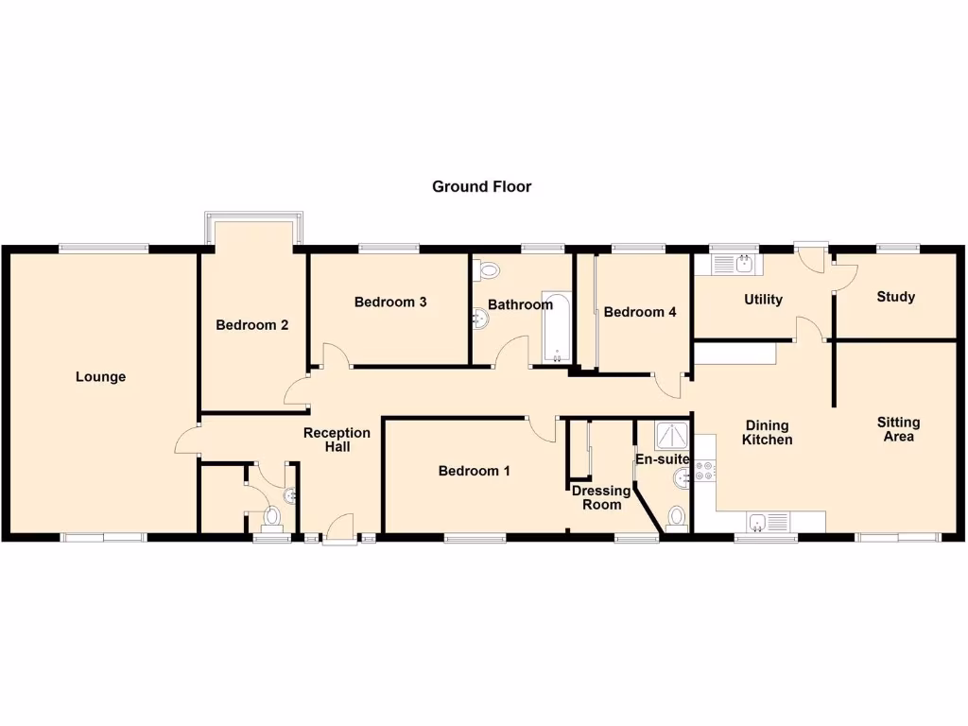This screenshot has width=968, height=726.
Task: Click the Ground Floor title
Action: click(x=481, y=186)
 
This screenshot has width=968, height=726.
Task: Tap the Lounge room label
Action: click(x=101, y=377)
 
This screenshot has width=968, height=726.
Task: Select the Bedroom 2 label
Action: click(x=251, y=325)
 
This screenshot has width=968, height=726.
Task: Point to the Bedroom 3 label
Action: click(x=390, y=302)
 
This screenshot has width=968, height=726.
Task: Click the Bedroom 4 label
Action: click(x=640, y=312)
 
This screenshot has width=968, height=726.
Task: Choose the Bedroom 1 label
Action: click(x=475, y=471)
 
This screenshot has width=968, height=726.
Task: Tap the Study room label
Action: click(x=895, y=297)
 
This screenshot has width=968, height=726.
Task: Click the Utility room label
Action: click(x=763, y=300)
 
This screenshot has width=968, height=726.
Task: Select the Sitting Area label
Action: click(x=897, y=429)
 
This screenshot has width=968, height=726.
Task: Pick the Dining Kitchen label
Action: click(x=767, y=432)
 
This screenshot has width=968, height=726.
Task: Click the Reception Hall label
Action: click(x=337, y=440)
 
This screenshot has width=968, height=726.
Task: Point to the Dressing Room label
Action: click(x=601, y=497)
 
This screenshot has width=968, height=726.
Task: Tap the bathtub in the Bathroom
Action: click(x=557, y=328)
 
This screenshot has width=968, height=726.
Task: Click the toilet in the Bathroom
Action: click(x=488, y=271)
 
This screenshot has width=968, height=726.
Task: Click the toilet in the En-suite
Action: click(x=676, y=516)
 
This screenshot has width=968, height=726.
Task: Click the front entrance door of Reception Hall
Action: click(x=338, y=529)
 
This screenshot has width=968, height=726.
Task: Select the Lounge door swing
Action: click(x=186, y=441)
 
